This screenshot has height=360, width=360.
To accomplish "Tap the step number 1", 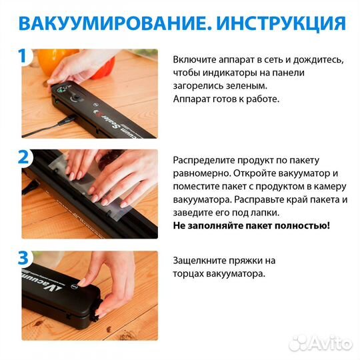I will tap(24, 56).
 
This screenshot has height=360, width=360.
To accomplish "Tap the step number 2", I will tap(24, 157).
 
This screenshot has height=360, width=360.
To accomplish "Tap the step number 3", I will tap(24, 258).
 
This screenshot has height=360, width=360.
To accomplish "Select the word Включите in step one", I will tap(194, 59).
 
